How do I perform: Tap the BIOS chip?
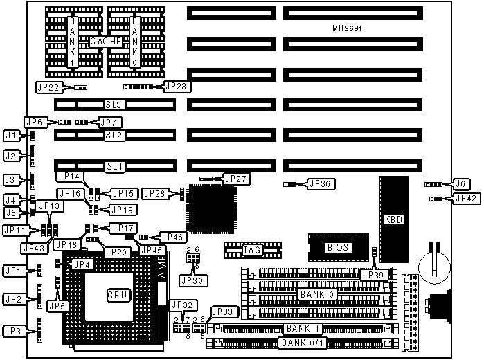click(338, 247)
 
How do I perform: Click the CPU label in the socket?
click(118, 295)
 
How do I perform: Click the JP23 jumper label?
click(176, 87)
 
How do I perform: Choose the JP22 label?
click(48, 87)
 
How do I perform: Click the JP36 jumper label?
click(320, 184)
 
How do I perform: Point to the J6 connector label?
click(460, 184)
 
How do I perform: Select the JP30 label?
click(190, 280)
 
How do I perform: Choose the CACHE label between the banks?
click(105, 42)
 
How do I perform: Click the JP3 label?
click(13, 330)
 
